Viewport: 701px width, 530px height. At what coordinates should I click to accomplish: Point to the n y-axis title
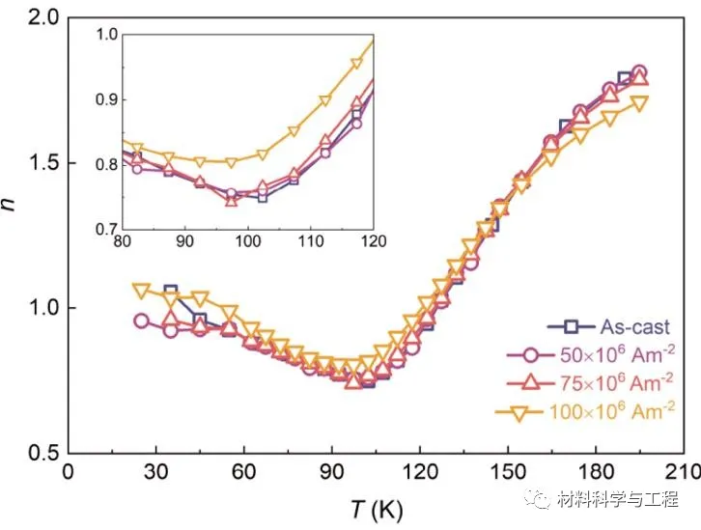[x=13, y=233]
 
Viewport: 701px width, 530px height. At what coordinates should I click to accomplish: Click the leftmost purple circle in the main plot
[x=141, y=321]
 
